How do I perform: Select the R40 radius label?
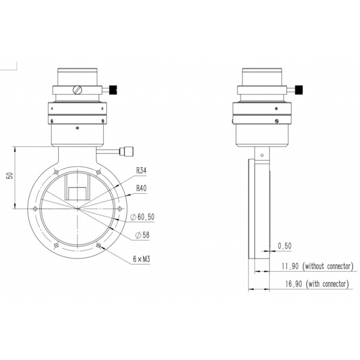[142, 188]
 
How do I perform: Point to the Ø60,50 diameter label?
[145, 216]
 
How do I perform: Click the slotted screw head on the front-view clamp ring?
[77, 91]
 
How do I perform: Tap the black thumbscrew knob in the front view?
[115, 91]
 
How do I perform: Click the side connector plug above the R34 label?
[128, 151]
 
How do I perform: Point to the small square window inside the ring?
[77, 193]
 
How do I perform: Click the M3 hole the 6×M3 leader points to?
[98, 245]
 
